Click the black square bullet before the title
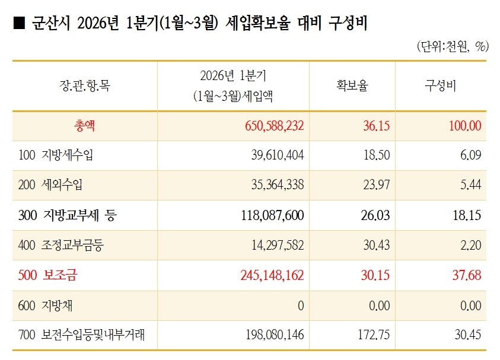19,24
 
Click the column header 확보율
352,85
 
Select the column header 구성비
440,85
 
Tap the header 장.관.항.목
85,85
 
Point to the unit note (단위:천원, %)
453,46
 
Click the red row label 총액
84,126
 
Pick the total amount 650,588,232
274,126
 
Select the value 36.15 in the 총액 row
376,126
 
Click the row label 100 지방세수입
56,155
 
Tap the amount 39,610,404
278,155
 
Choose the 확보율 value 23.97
376,184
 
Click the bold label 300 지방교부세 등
67,215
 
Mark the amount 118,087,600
272,215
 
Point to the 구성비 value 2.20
471,245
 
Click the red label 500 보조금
47,275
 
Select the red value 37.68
467,275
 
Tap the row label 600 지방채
45,305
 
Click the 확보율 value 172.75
374,335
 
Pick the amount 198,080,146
275,335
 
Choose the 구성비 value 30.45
468,335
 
